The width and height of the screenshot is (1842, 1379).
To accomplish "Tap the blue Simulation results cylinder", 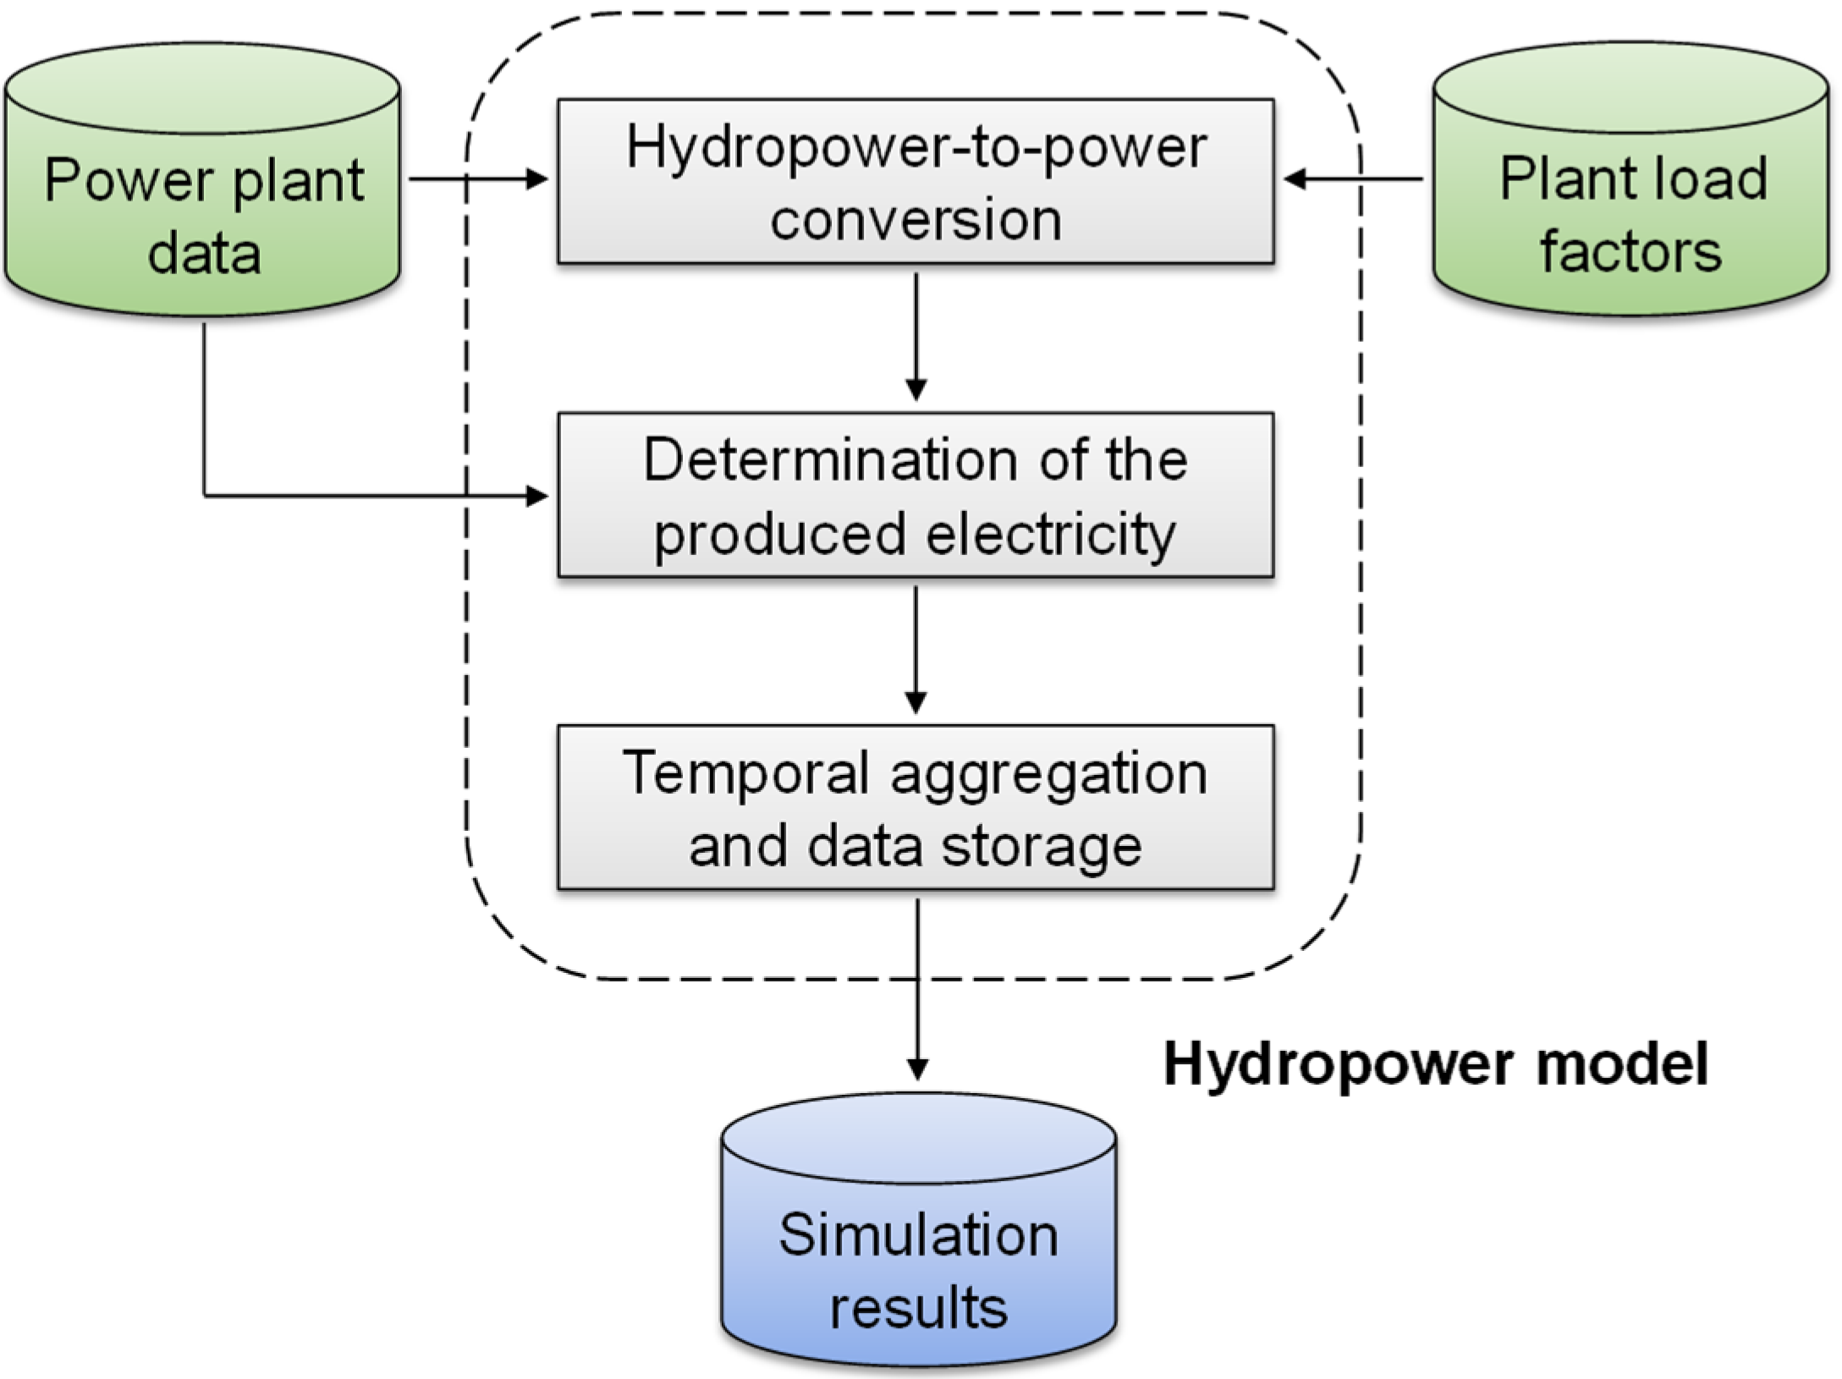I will (918, 1244).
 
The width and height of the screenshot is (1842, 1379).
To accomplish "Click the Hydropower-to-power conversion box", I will (916, 182).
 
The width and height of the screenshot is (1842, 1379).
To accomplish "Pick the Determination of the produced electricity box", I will (916, 496).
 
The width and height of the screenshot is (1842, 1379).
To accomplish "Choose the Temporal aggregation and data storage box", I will (916, 808).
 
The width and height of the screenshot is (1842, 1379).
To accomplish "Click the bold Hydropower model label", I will (1436, 1063).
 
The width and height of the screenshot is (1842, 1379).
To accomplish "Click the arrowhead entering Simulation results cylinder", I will (918, 1069).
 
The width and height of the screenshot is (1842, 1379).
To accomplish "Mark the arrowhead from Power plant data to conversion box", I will (537, 179).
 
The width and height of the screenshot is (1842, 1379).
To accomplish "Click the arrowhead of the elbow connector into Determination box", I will (537, 496).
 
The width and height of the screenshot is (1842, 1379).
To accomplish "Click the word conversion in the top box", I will (916, 220).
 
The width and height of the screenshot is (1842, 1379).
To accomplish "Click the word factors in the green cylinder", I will (1630, 252).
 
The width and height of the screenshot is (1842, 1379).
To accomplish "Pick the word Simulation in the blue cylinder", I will (918, 1235).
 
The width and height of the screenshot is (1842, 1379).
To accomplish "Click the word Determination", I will (830, 461).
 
